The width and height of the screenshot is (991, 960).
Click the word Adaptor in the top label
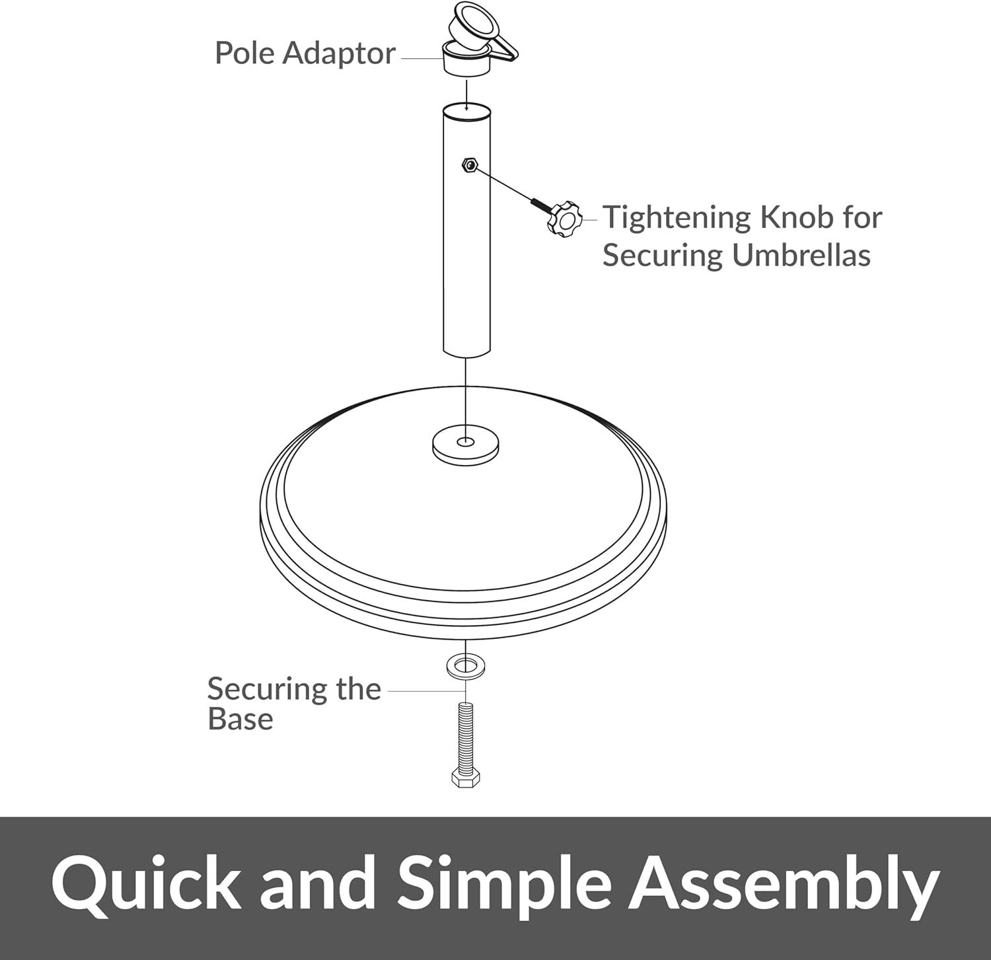click(x=339, y=54)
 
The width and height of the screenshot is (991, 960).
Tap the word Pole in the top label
click(x=245, y=53)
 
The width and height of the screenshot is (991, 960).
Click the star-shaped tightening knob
click(x=564, y=220)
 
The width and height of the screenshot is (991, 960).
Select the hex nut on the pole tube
click(x=469, y=165)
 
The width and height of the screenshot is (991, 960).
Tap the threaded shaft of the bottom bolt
click(x=466, y=735)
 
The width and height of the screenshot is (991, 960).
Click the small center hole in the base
click(x=466, y=441)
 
